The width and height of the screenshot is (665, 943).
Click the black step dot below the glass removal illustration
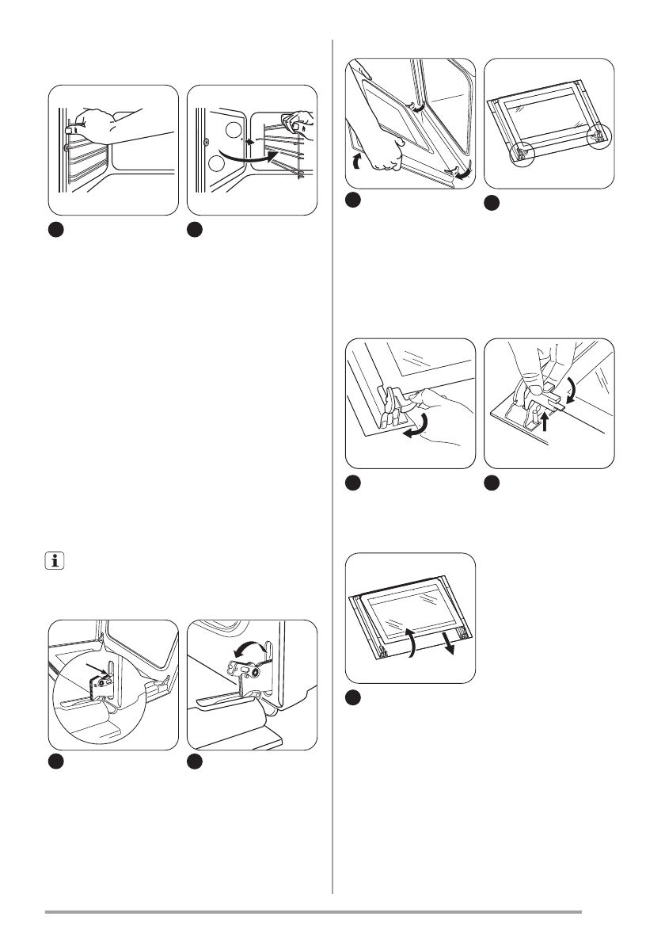pyautogui.click(x=354, y=697)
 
